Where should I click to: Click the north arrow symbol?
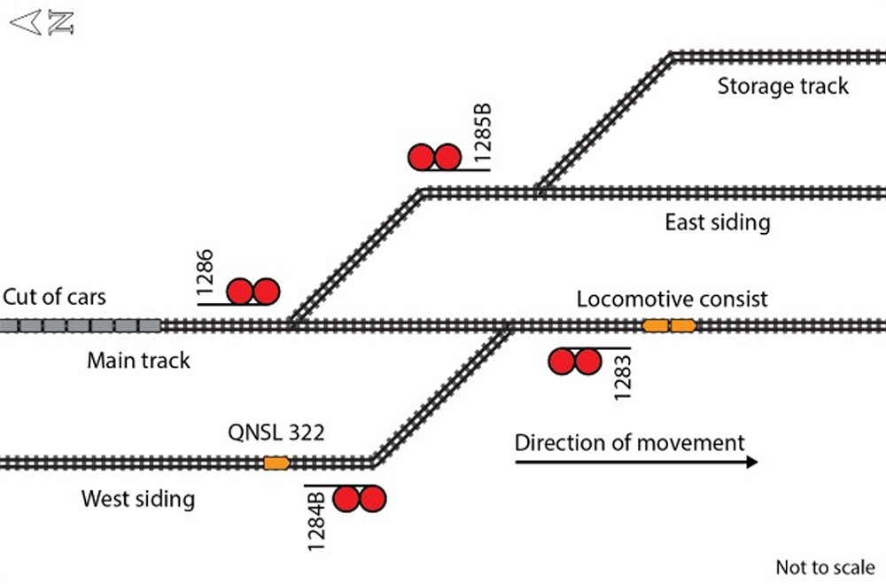[41, 22]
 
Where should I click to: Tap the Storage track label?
[782, 86]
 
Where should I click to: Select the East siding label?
[717, 222]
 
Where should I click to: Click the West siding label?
[137, 499]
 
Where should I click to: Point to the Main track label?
[138, 361]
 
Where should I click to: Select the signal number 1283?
[624, 377]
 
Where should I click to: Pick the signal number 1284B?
[319, 519]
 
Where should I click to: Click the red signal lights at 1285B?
[434, 158]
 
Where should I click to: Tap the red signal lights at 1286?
[253, 292]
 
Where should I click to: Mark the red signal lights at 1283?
[575, 362]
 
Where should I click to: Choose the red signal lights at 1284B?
[360, 499]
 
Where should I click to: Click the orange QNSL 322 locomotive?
[276, 463]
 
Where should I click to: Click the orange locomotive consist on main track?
[669, 326]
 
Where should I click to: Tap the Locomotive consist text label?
[672, 299]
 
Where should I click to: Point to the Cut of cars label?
[54, 296]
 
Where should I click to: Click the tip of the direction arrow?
[756, 462]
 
